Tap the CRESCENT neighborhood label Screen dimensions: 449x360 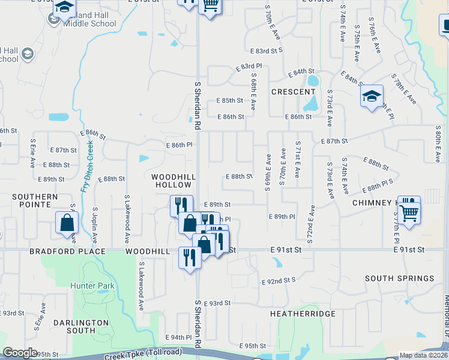(x=293, y=92)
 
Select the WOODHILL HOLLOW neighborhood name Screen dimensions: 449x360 (x=173, y=181)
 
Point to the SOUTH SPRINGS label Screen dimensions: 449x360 (x=399, y=278)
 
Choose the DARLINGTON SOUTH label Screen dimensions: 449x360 (x=82, y=326)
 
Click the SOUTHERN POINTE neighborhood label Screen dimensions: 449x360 (x=35, y=200)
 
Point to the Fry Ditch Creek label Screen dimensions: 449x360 (x=87, y=167)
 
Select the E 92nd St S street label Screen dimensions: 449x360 (x=279, y=280)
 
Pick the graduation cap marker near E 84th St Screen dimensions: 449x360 (x=372, y=96)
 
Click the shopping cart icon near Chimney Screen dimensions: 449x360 (x=409, y=211)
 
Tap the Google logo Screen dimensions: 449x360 (x=20, y=353)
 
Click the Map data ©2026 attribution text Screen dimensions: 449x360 (x=424, y=355)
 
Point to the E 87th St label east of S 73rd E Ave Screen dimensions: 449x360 (x=334, y=141)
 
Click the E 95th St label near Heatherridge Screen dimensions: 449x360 (x=252, y=346)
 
